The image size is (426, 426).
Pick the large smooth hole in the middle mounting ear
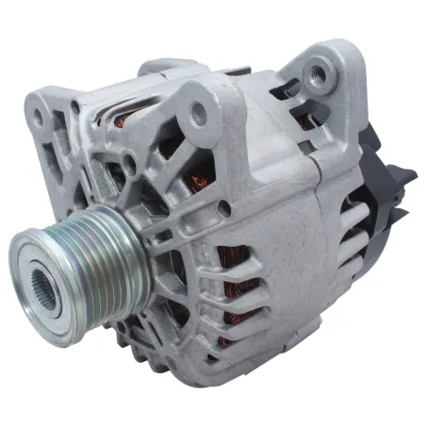tap(198, 114)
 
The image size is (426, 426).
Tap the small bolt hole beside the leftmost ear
tap(74, 107)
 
